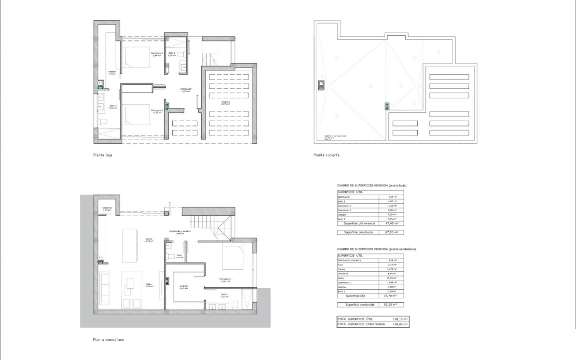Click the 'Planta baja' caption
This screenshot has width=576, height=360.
(102, 155)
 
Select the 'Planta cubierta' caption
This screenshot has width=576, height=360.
(326, 155)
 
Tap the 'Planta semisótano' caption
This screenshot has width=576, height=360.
(108, 339)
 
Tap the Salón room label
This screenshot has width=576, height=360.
(149, 285)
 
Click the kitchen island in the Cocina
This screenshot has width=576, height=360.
(130, 246)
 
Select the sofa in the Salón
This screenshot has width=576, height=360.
(104, 288)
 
